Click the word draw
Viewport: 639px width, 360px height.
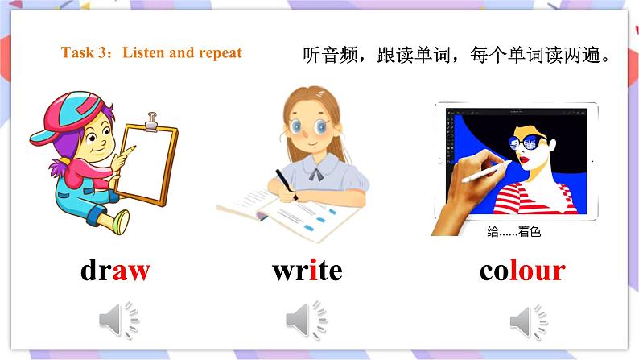(115, 271)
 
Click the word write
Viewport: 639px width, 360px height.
(307, 271)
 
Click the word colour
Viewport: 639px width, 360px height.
(522, 271)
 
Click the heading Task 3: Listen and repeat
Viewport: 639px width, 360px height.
(151, 53)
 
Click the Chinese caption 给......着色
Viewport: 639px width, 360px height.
(514, 232)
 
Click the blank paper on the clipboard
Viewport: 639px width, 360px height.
(150, 161)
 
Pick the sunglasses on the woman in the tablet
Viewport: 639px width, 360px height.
(527, 146)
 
